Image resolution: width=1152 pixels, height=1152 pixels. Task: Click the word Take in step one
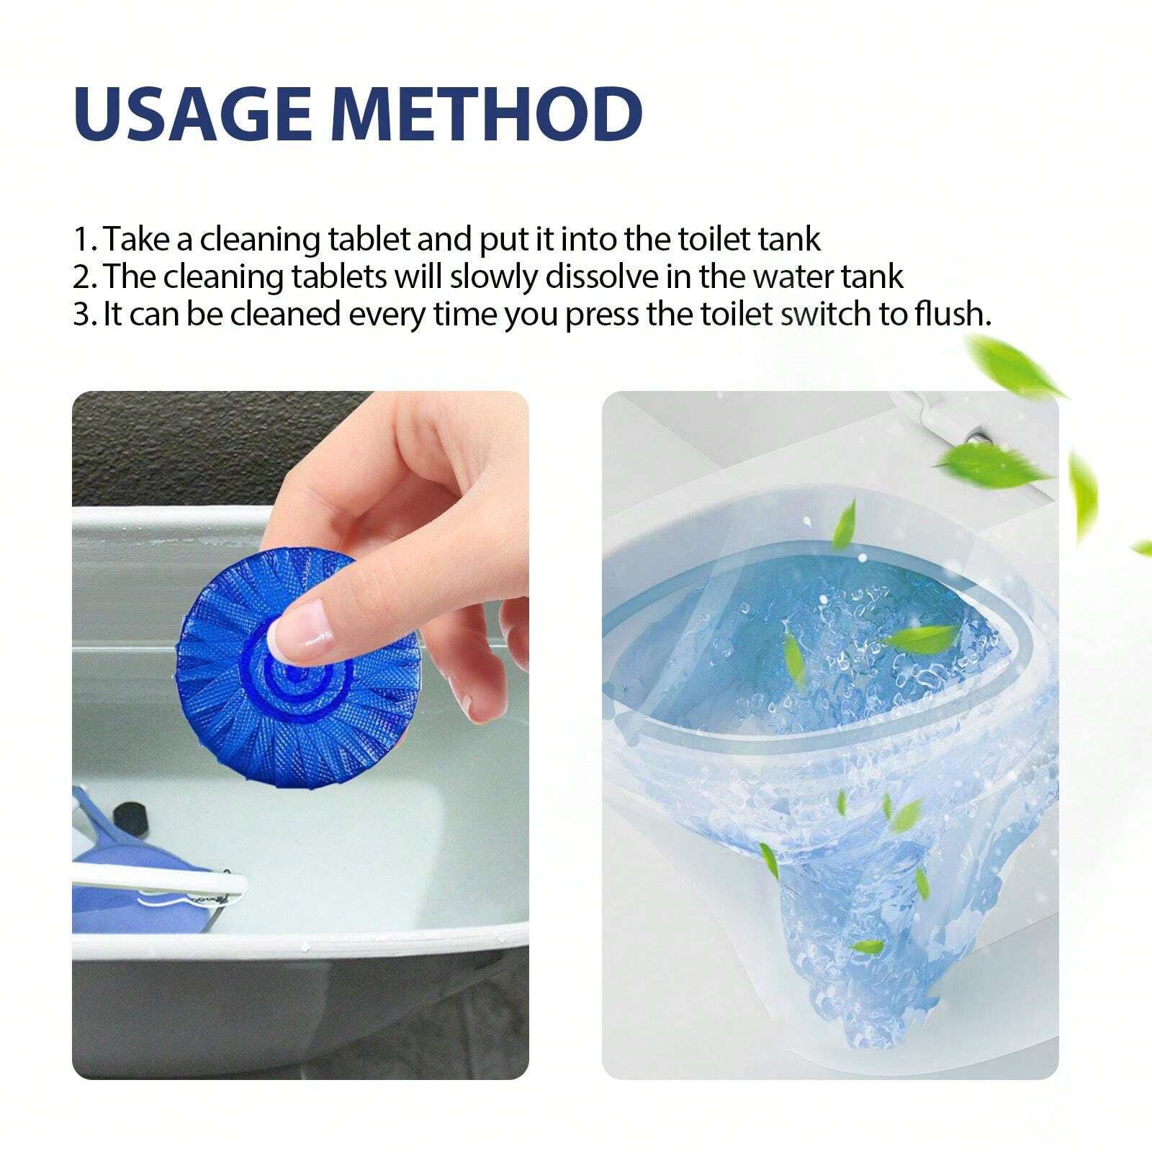pyautogui.click(x=137, y=239)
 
